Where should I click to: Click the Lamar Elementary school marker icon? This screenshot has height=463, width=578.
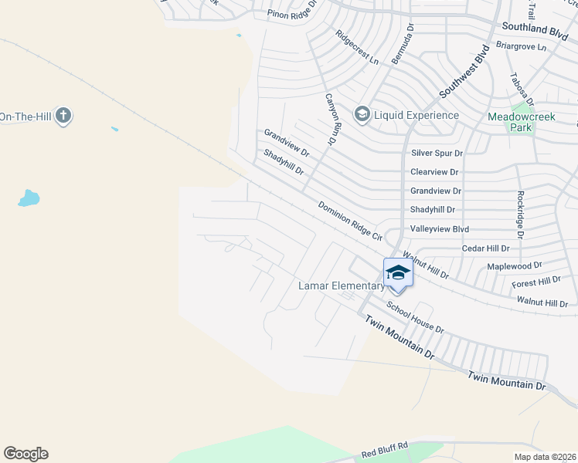(x=398, y=272)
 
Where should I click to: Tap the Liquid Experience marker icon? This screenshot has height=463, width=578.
(x=361, y=115)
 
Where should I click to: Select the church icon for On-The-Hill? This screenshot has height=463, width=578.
(x=63, y=117)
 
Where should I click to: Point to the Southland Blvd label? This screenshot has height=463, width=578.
(x=534, y=27)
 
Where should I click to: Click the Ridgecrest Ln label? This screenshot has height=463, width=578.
(x=357, y=46)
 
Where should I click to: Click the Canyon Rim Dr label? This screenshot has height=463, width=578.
(x=330, y=120)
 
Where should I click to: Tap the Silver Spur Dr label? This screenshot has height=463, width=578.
(x=437, y=154)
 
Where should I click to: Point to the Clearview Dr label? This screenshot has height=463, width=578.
(x=434, y=172)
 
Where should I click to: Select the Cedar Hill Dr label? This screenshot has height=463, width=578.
(x=485, y=248)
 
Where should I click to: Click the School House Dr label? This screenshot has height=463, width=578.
(x=415, y=318)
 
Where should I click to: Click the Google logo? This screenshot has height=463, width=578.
(x=25, y=454)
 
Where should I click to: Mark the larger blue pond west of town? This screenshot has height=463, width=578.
(x=29, y=198)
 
